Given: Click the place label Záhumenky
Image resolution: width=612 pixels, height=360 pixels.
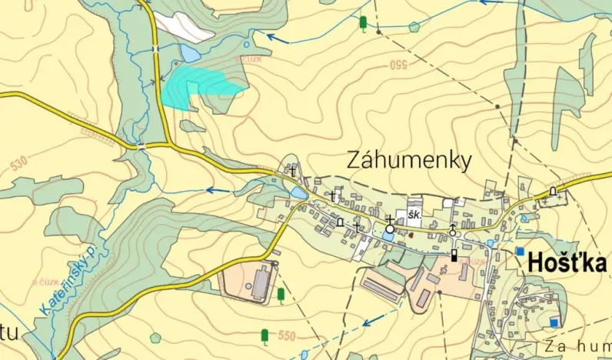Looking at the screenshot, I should point(408,159).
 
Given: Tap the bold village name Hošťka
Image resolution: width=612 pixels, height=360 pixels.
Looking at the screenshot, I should point(567,263).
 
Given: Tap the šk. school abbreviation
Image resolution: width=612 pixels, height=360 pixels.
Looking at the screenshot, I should point(414,216).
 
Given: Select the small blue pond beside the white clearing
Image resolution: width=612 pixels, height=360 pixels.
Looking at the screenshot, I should point(188,53).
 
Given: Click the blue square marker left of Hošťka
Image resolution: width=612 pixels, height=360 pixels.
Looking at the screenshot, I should point(521,251).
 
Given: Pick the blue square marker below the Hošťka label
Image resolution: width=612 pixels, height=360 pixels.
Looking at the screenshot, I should point(554,322).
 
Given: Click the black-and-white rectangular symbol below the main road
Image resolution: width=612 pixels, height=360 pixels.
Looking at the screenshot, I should point(454,255).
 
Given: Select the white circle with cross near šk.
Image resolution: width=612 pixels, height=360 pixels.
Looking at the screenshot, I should point(390,228).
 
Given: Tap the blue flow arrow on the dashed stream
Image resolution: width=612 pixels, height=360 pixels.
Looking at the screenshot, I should point(372,322).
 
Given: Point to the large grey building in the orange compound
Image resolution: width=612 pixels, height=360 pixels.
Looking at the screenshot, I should point(259,282).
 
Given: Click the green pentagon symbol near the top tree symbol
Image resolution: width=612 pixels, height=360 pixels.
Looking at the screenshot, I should point(414,27).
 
